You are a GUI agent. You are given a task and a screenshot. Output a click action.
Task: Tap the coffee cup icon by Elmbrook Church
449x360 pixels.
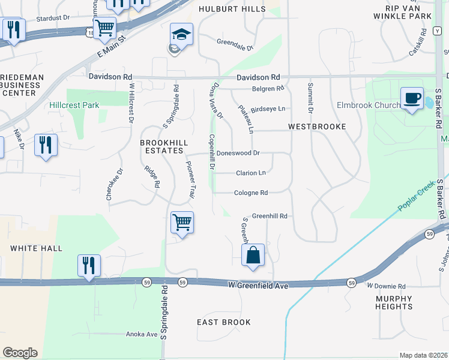pyautogui.click(x=412, y=98)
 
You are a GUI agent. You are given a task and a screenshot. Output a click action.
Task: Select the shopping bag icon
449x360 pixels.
pyautogui.click(x=253, y=255)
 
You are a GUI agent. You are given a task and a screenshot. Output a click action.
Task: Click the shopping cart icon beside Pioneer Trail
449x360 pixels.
pyautogui.click(x=182, y=223)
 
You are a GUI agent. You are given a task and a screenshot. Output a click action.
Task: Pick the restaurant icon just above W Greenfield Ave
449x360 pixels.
pyautogui.click(x=89, y=265)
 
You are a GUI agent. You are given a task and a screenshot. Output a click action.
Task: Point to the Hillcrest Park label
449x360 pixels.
pyautogui.click(x=74, y=105)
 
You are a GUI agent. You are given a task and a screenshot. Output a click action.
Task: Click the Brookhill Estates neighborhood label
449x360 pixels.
pyautogui.click(x=161, y=146)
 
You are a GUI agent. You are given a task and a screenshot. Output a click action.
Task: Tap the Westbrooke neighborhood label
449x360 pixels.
pyautogui.click(x=317, y=127)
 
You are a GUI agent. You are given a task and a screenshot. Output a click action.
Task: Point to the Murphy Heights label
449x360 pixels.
pyautogui.click(x=394, y=302)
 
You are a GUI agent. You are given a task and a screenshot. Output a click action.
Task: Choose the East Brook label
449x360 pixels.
pyautogui.click(x=224, y=322)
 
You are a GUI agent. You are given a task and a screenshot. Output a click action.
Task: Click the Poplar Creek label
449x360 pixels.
pyautogui.click(x=415, y=198)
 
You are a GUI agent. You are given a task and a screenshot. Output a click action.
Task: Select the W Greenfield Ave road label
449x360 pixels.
pyautogui.click(x=258, y=286)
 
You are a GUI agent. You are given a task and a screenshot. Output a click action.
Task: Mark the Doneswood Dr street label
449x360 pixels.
pyautogui.click(x=238, y=153)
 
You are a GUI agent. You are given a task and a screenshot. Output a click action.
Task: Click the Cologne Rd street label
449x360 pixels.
pyautogui.click(x=251, y=193)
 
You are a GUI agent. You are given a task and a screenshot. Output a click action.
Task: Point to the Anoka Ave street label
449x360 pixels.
pyautogui.click(x=141, y=334)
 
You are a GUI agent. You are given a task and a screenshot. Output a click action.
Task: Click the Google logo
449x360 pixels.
pyautogui.click(x=20, y=353)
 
